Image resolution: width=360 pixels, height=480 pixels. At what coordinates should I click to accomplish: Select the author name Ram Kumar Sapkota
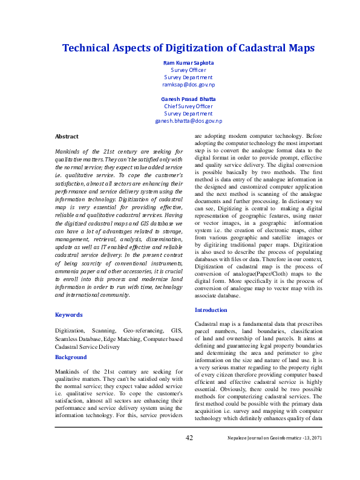[188, 62]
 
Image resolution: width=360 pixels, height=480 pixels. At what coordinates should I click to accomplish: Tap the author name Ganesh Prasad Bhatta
[188, 99]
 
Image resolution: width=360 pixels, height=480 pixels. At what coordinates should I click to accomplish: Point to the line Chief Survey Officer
[188, 106]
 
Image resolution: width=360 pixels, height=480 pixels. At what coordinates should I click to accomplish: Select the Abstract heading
[67, 137]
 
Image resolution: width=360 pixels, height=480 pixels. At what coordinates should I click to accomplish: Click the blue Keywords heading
[69, 314]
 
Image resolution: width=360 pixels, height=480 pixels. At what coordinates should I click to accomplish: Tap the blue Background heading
[71, 357]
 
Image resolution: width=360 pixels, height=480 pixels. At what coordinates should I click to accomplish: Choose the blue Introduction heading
[211, 310]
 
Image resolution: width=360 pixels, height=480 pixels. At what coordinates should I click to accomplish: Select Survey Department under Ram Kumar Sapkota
[188, 77]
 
